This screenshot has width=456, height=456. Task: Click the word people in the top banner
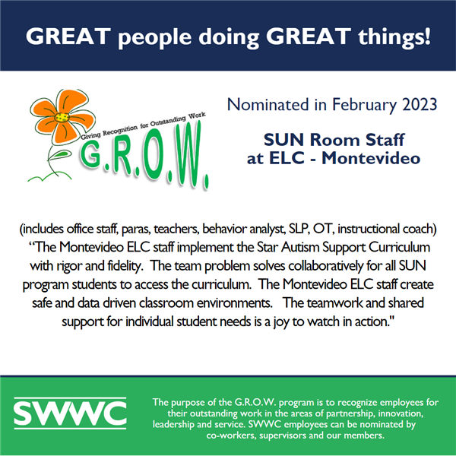coord(155,37)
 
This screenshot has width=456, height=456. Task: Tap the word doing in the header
coord(229,37)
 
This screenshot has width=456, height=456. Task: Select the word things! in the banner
coord(394,37)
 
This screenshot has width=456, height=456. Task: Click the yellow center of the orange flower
coord(62,118)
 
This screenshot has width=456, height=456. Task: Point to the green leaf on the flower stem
coord(60,154)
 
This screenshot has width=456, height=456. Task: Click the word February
coord(364,106)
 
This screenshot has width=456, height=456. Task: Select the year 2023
coord(420,104)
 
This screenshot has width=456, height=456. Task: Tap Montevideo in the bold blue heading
coord(371,158)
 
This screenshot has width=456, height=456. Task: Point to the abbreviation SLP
coord(299,230)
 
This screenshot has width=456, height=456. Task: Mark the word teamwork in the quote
coord(334,303)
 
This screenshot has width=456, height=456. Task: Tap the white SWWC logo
coord(70,413)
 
